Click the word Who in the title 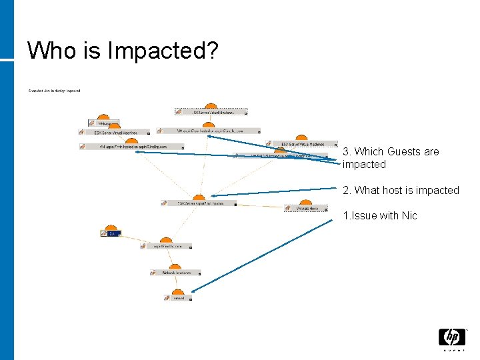(x=49, y=50)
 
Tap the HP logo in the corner (x=451, y=339)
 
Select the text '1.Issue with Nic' (x=379, y=215)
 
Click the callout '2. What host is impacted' (x=401, y=190)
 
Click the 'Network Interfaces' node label (x=177, y=273)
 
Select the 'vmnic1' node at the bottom (x=178, y=298)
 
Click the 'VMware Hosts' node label (x=306, y=208)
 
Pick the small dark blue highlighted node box (x=110, y=233)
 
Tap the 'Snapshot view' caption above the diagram (x=54, y=91)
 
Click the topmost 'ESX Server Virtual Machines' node (x=211, y=112)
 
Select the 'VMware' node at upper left (x=104, y=123)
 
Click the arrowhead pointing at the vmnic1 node (x=193, y=290)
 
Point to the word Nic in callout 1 (x=409, y=215)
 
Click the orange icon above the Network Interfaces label (x=178, y=265)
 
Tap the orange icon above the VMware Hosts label (x=305, y=202)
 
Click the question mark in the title (x=211, y=51)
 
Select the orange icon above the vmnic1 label (x=178, y=291)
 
